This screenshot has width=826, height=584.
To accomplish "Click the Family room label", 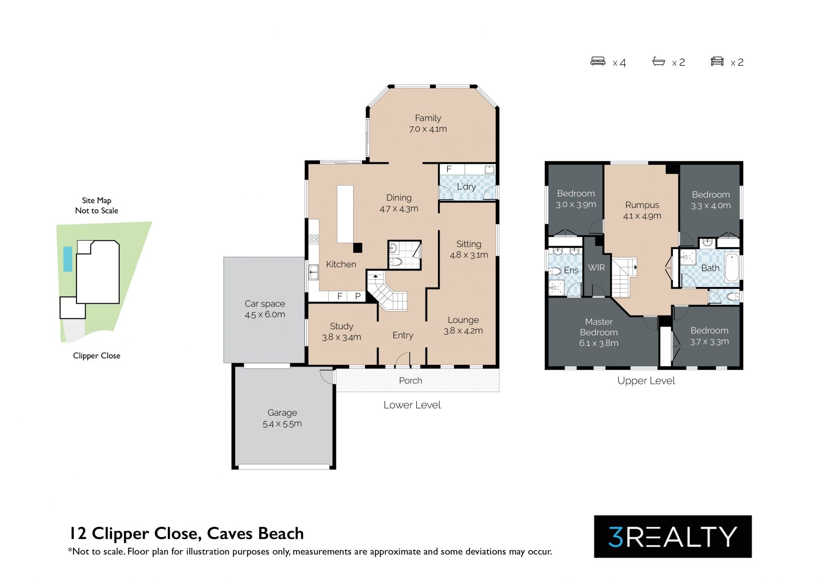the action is pos(428,118).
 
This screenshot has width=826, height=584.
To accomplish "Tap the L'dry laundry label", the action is pos(466,187).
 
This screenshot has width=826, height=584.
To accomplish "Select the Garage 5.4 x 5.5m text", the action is pos(282,418).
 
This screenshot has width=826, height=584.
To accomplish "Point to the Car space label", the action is pos(265,303).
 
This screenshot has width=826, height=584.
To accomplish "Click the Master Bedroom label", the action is pos(599,327).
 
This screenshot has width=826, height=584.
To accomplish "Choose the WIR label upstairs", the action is pos(596,268).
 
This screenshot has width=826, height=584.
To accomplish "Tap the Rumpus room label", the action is pos(642,205).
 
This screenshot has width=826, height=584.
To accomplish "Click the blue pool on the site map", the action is pos(68,259).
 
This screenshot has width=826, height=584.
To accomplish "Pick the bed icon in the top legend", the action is pos(598,62).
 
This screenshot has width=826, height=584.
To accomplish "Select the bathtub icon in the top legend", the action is pos(659,62).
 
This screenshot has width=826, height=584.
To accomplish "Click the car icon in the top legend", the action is pos(717,62).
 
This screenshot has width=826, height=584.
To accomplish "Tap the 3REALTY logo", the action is pos(673,537).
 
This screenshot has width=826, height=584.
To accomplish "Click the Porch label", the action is pos(410,380).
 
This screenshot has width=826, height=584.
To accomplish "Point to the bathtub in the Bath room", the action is pos(732,268).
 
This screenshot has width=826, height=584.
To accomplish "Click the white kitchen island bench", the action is pos(345,214).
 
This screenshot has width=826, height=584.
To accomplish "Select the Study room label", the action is pos(342,326).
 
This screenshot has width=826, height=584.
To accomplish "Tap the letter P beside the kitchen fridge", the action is pos(358,296).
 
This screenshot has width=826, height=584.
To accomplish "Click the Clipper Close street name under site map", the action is pos(97,355).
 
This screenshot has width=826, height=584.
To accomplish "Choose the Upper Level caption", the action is pos(646,381).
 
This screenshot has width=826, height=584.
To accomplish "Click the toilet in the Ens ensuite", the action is pos(555,271).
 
